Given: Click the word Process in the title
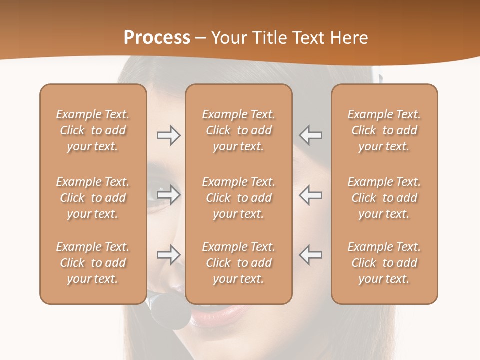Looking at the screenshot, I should [157, 37].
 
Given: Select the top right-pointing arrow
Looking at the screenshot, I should [168, 135].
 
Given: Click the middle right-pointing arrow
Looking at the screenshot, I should [168, 195].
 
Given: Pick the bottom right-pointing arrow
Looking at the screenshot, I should [168, 255].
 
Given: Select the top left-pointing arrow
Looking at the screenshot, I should [311, 135].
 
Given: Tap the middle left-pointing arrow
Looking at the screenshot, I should [311, 195].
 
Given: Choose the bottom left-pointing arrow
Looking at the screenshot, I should [311, 255].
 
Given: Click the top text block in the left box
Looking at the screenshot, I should [93, 130].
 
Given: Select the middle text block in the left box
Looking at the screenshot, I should [93, 198].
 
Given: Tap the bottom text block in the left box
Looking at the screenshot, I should [93, 263].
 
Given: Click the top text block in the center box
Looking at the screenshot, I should [238, 130].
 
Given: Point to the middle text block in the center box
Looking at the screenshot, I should [238, 198].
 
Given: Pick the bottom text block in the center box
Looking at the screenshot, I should [238, 263].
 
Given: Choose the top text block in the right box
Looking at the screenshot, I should [384, 130].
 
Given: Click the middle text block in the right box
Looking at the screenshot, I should [384, 198].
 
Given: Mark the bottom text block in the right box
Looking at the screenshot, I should [384, 263].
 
